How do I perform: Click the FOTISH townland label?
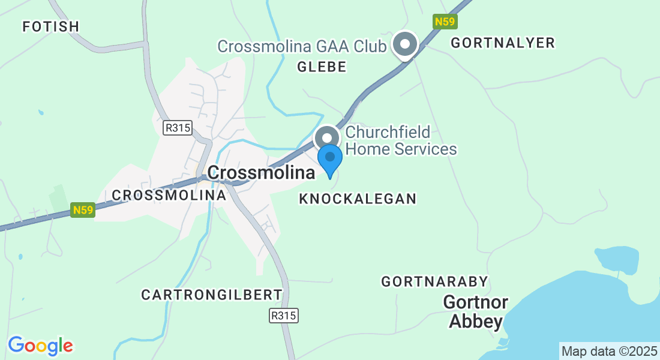click(50, 26)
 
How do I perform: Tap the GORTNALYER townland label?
click(503, 43)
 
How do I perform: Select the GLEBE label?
click(322, 67)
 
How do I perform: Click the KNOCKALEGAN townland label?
click(358, 199)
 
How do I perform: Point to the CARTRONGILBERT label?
click(212, 295)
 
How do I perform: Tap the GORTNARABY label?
click(435, 281)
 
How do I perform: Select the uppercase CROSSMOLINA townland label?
click(169, 195)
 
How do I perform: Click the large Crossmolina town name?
click(261, 173)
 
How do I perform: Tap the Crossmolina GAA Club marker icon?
click(405, 45)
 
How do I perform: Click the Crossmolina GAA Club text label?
click(302, 46)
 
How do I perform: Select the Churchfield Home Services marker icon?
click(328, 138)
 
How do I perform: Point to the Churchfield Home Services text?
click(401, 140)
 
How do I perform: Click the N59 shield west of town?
click(83, 210)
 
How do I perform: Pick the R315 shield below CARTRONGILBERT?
click(284, 316)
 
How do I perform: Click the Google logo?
click(40, 346)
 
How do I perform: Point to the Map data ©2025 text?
click(608, 351)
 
